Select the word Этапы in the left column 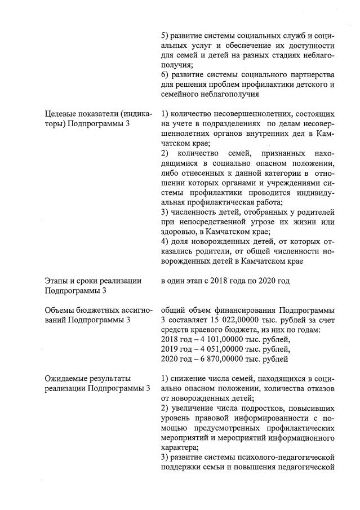[x=57, y=281]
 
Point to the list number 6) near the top [x=166, y=76]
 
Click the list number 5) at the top [x=166, y=37]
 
